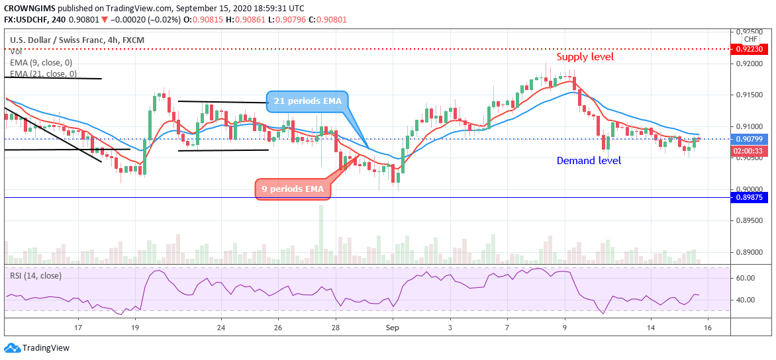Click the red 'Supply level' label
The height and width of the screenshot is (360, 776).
pos(585,57)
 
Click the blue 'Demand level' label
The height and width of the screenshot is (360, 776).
pos(589,161)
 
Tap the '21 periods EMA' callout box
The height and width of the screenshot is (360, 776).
pos(307,101)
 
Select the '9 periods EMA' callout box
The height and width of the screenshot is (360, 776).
pos(293,189)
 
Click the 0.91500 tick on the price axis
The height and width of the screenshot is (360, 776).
pos(748,95)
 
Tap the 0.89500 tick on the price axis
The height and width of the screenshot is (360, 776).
pos(748,221)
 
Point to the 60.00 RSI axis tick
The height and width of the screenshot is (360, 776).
pos(746,279)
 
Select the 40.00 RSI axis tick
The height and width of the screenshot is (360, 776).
pos(746,300)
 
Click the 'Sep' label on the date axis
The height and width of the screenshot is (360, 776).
pos(393,328)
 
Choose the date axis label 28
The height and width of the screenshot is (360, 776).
pos(336,328)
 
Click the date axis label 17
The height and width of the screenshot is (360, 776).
pos(78,328)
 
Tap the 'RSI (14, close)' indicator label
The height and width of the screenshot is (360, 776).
pos(35,275)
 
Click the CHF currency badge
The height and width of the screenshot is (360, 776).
pos(750,40)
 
